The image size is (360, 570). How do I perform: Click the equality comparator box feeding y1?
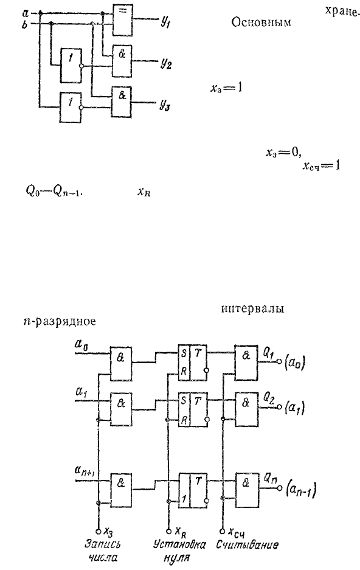(122, 20)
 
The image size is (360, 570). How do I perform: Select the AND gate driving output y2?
(122, 61)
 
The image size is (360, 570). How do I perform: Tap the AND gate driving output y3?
(122, 102)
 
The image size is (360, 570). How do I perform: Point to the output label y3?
(165, 105)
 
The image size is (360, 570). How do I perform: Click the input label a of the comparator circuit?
(25, 14)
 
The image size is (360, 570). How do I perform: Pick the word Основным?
(261, 23)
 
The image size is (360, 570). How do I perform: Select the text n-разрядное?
(60, 321)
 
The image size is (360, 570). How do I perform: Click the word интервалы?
(252, 308)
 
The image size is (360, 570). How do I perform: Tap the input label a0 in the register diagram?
(81, 344)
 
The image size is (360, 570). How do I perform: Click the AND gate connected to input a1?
(122, 409)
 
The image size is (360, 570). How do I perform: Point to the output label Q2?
(269, 400)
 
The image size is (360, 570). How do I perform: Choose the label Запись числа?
(103, 551)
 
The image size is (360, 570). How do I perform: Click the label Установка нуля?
(179, 551)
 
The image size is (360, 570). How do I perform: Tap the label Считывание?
(247, 544)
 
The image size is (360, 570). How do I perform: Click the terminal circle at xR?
(168, 530)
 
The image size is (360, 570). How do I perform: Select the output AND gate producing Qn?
(247, 490)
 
